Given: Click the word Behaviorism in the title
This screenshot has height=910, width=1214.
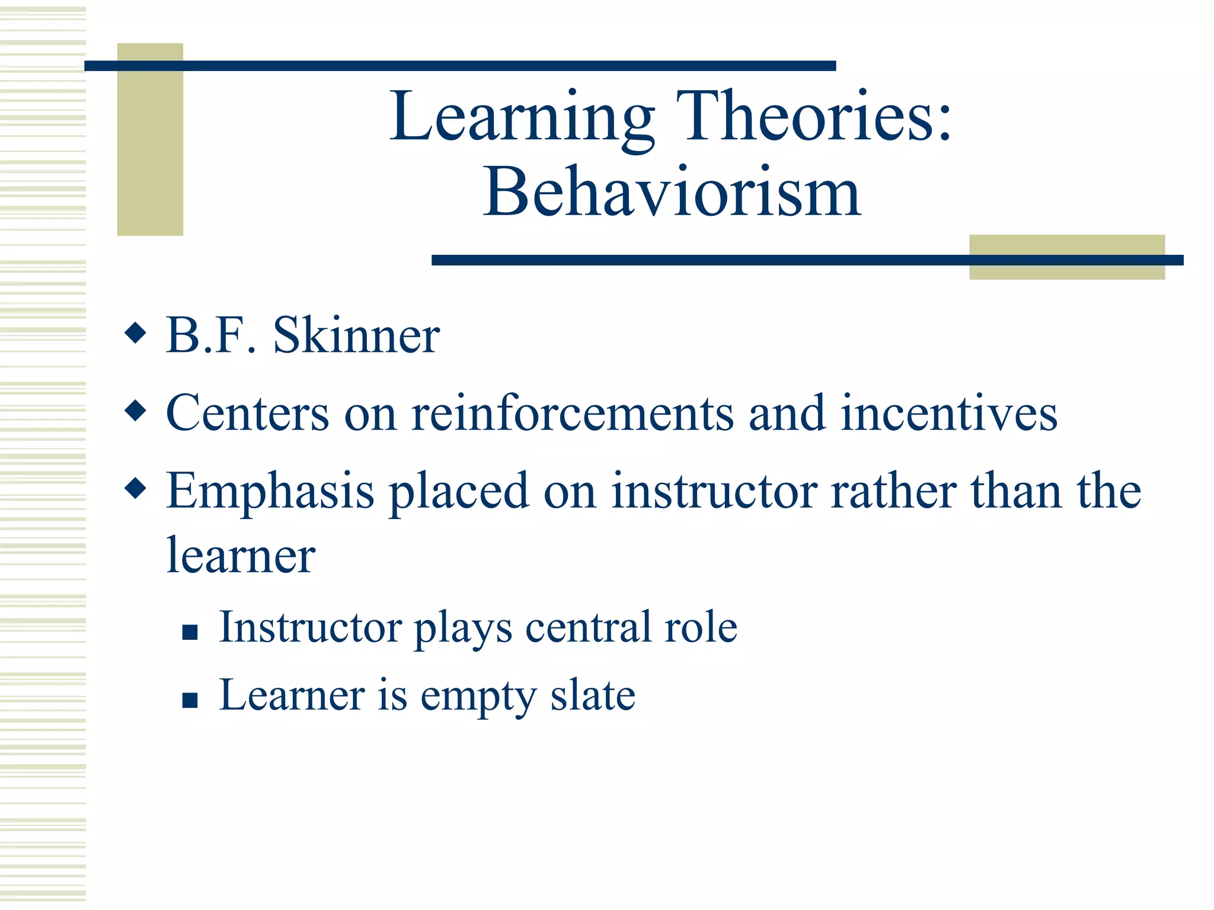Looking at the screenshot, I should tap(672, 193).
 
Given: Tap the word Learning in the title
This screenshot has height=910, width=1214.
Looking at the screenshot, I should tap(522, 117).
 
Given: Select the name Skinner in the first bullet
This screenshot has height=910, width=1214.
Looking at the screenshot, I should tap(356, 335).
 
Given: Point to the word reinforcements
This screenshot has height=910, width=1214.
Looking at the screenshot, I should tap(572, 413).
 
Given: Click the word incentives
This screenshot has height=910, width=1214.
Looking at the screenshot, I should tap(948, 413).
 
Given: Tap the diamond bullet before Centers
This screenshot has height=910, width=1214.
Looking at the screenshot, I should tap(136, 410).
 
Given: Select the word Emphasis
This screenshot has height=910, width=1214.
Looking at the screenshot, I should tap(270, 492).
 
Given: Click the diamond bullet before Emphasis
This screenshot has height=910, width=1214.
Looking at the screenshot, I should tap(136, 488).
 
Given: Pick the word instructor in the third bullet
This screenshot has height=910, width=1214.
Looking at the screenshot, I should tap(714, 491).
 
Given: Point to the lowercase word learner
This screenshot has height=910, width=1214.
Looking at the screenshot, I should tap(241, 556).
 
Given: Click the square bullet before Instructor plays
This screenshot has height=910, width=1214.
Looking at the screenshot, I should tap(190, 633).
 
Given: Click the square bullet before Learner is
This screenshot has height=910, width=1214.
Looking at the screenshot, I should tap(190, 701).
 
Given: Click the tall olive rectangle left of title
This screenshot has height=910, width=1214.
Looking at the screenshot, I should tap(150, 139).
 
